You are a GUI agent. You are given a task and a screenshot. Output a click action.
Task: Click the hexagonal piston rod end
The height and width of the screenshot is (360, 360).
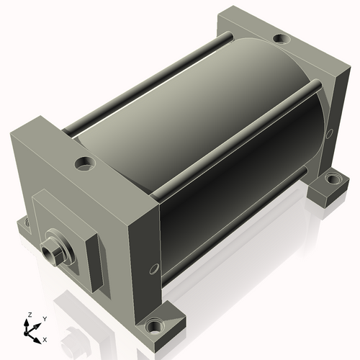coord(50,253)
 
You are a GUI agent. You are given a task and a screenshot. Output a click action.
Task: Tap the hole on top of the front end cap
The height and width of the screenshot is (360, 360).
coord(85,163)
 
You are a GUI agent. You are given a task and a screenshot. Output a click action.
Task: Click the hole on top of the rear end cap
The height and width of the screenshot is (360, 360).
coord(282,39)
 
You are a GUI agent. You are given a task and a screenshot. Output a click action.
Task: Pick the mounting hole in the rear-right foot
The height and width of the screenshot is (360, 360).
coord(333,179)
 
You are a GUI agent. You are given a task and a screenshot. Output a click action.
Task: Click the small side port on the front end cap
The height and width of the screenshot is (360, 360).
coord(154,269)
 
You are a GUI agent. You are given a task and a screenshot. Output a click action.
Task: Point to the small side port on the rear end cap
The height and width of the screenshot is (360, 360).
coord(330,133)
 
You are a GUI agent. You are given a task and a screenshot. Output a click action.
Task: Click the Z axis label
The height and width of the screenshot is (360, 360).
coord(30,315)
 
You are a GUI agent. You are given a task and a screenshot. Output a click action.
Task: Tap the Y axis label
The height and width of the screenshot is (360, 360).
coord(45,319)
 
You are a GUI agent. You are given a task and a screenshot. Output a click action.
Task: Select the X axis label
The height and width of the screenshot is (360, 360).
coord(45,340)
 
